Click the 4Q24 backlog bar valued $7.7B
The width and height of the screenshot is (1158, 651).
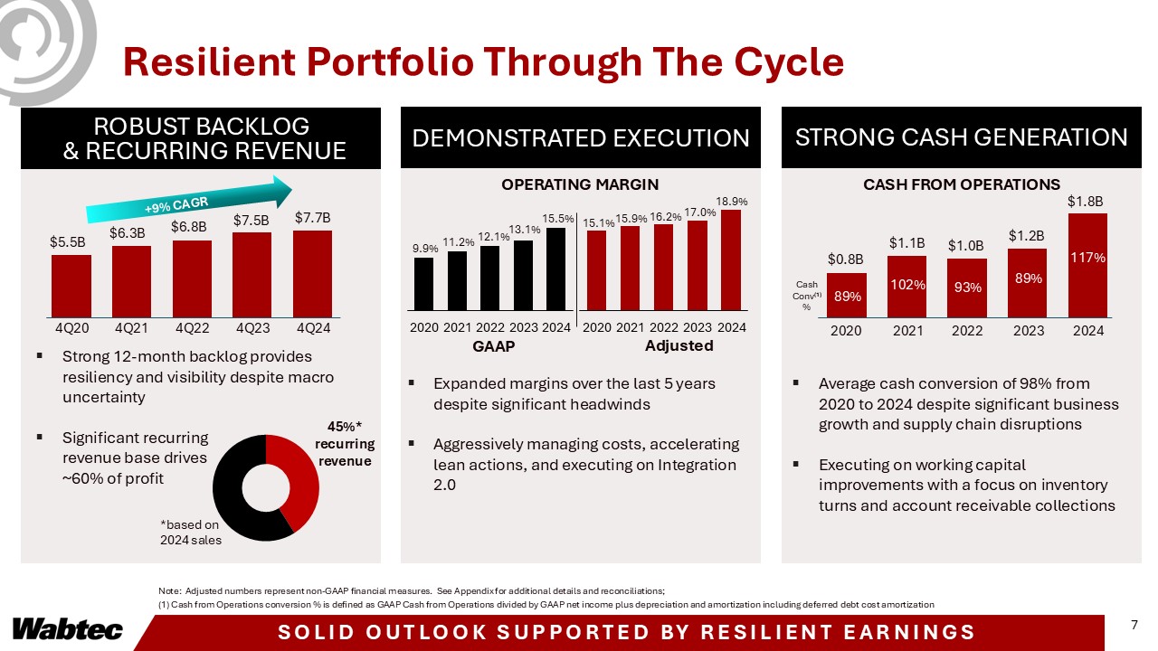click(312, 270)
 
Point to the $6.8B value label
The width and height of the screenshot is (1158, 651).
click(190, 226)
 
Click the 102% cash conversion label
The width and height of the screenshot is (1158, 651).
click(906, 284)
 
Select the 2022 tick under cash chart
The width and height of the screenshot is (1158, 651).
click(967, 331)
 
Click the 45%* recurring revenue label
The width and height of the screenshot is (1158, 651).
click(344, 443)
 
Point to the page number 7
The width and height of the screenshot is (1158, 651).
click(1134, 625)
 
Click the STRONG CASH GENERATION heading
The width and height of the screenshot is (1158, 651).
click(961, 137)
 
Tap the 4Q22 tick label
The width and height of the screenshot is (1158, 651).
click(192, 329)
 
